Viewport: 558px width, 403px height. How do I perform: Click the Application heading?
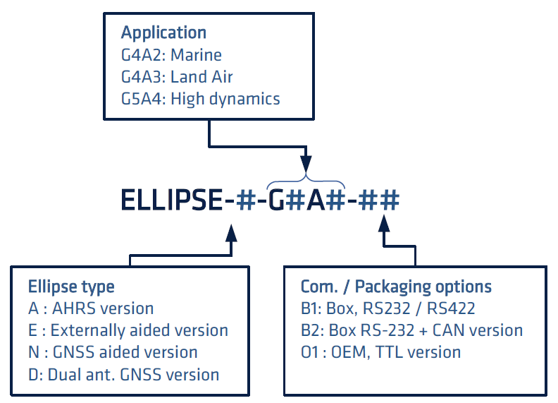[163, 32]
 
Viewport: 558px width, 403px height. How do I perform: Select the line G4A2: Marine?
[171, 54]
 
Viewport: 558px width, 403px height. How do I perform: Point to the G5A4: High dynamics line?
[201, 98]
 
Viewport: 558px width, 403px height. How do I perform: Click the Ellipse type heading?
[71, 287]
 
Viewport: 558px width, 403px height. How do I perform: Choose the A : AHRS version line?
[91, 308]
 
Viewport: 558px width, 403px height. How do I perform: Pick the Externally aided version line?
[128, 330]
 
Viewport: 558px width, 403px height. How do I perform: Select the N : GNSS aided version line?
[113, 351]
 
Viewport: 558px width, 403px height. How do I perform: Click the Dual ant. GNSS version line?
[124, 373]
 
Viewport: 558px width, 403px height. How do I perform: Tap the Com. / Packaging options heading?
[396, 287]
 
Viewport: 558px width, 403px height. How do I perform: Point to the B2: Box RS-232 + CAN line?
[411, 330]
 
